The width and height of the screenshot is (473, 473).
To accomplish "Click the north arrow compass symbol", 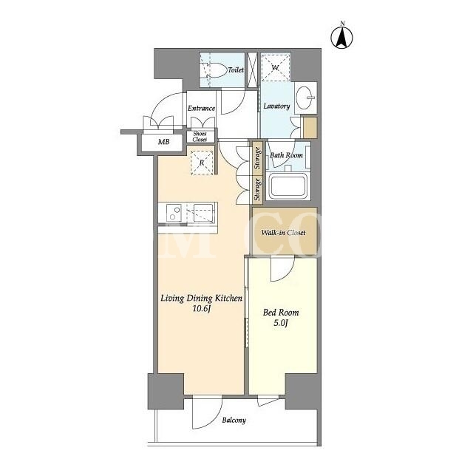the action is [341, 37].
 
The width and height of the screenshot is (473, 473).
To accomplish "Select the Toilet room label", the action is [236, 70].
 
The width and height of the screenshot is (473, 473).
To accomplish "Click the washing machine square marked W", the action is [276, 67].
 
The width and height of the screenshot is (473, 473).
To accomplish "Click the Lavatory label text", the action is [276, 106].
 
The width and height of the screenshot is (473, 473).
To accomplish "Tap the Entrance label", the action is [201, 109].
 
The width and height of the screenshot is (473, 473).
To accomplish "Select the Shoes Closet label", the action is [200, 137].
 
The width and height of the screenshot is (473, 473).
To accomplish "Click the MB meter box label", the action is [164, 141].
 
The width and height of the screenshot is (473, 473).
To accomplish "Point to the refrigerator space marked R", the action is [202, 163].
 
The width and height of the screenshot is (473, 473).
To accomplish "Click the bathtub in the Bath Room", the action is [287, 186].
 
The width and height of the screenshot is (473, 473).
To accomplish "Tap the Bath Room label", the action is [286, 155].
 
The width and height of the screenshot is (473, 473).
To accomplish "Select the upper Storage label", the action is [257, 158].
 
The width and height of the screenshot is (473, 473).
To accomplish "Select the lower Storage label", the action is [257, 189].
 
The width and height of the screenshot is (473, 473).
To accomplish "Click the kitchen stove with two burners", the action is [174, 213].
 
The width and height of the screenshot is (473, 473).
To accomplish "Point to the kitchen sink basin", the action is [204, 213].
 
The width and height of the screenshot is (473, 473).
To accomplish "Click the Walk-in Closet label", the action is [283, 233].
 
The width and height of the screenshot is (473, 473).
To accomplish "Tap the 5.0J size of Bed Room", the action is [281, 324].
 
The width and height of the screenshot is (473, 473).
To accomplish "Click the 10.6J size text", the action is [201, 309].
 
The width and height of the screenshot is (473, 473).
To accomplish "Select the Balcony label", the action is [234, 421].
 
